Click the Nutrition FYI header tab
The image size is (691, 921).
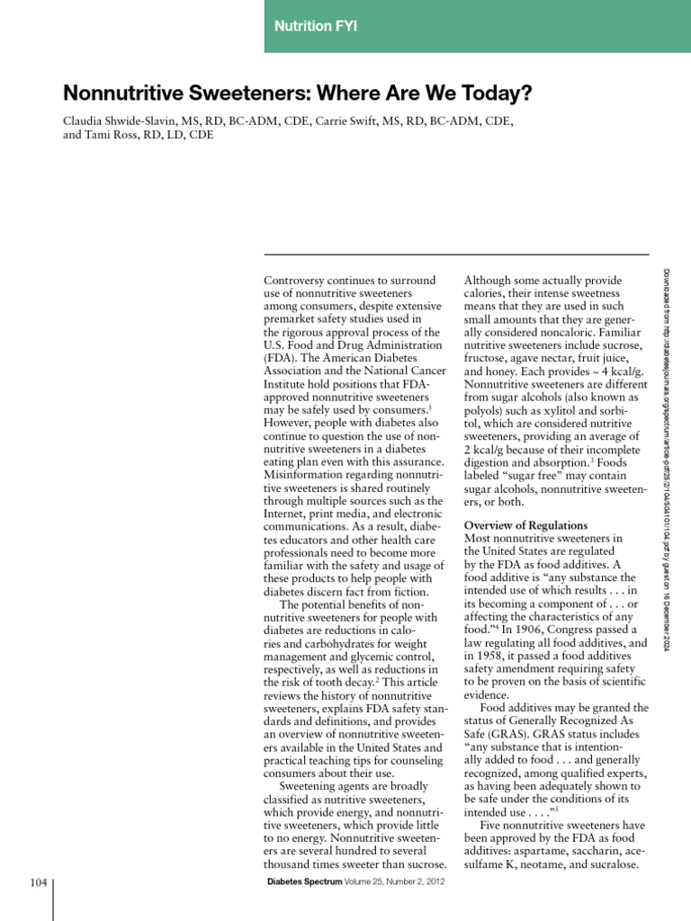(x=315, y=27)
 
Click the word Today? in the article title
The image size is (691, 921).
(x=494, y=93)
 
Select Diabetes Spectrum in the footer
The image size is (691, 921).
(x=305, y=882)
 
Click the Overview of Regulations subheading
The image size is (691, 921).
(x=525, y=525)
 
